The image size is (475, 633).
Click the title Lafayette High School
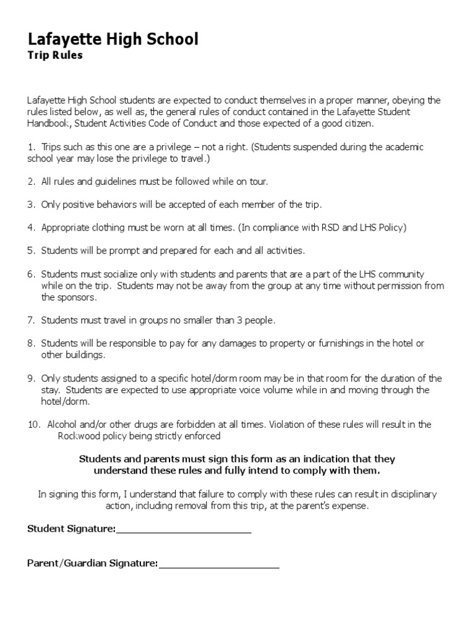pos(113,40)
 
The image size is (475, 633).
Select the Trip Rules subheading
pos(55,56)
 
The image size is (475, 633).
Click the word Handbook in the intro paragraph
pos(48,124)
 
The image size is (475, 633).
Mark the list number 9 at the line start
pos(30,378)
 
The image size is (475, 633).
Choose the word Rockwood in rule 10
pos(79,436)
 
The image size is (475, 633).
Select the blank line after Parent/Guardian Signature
pos(219,565)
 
